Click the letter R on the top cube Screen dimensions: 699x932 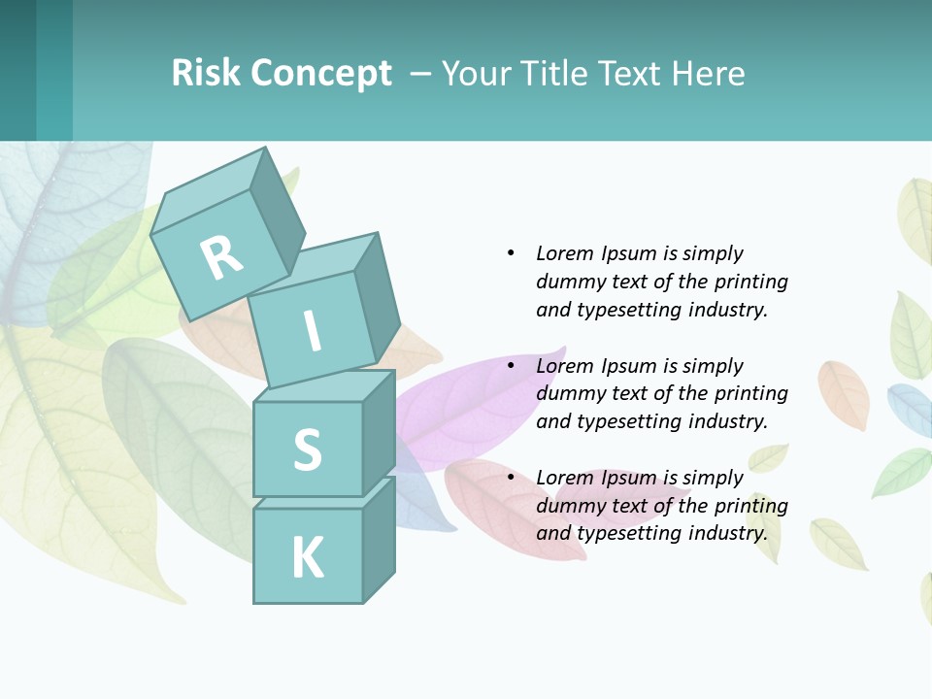[221, 258]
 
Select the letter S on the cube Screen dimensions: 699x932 [307, 449]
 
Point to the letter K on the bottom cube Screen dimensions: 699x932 [307, 557]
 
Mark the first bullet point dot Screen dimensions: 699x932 [511, 253]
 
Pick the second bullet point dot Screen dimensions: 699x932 [511, 366]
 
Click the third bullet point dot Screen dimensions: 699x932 [511, 478]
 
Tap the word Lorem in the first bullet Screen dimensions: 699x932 [565, 253]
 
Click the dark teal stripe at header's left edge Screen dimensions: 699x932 [17, 70]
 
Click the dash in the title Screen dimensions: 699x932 [422, 74]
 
